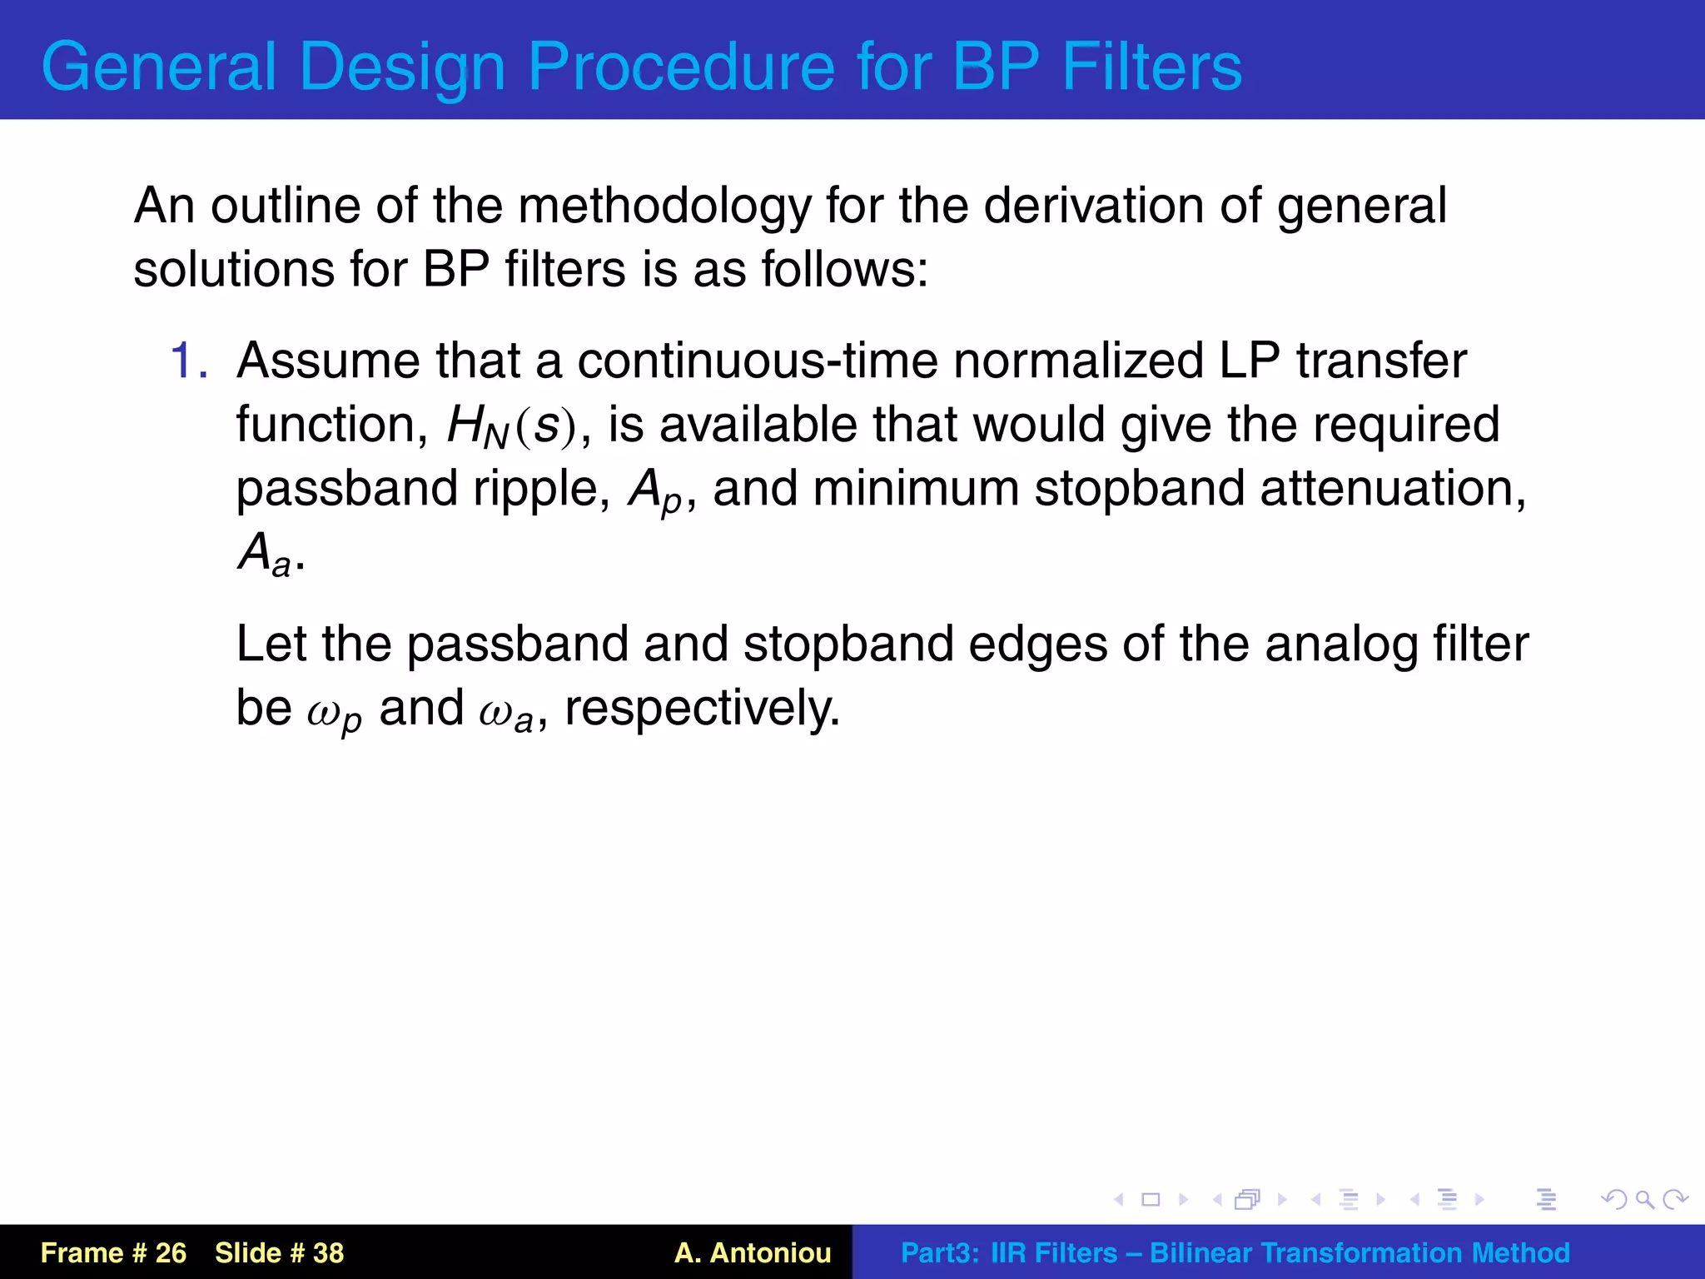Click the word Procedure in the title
point(680,67)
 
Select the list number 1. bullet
point(189,361)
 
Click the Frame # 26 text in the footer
point(113,1252)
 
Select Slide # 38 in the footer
point(279,1252)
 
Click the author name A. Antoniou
point(753,1252)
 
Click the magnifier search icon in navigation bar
point(1644,1199)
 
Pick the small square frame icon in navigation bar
point(1151,1199)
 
